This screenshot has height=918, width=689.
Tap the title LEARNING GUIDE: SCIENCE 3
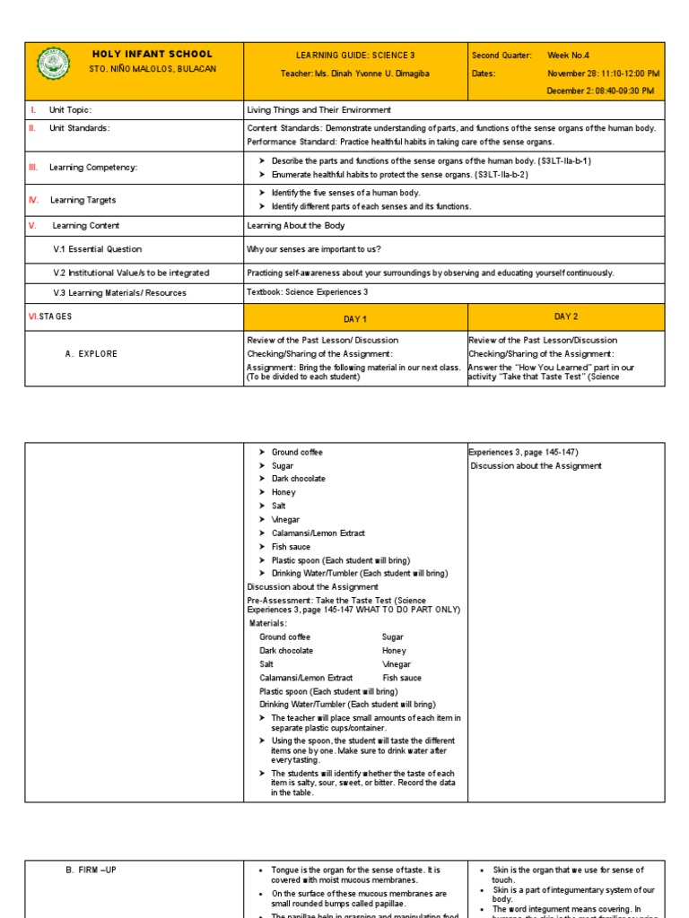[355, 56]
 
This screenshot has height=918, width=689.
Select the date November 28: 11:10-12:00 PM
[603, 74]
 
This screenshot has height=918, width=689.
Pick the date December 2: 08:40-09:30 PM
[600, 91]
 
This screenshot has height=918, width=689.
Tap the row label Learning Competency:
[93, 167]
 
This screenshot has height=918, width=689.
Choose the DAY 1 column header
[355, 319]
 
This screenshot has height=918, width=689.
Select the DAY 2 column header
[566, 316]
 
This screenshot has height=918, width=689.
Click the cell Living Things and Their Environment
[318, 110]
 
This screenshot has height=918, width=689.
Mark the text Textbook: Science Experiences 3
[307, 292]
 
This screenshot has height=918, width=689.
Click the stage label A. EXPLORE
[91, 354]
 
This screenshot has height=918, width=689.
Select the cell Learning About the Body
[295, 226]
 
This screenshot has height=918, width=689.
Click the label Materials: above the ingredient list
[267, 623]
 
